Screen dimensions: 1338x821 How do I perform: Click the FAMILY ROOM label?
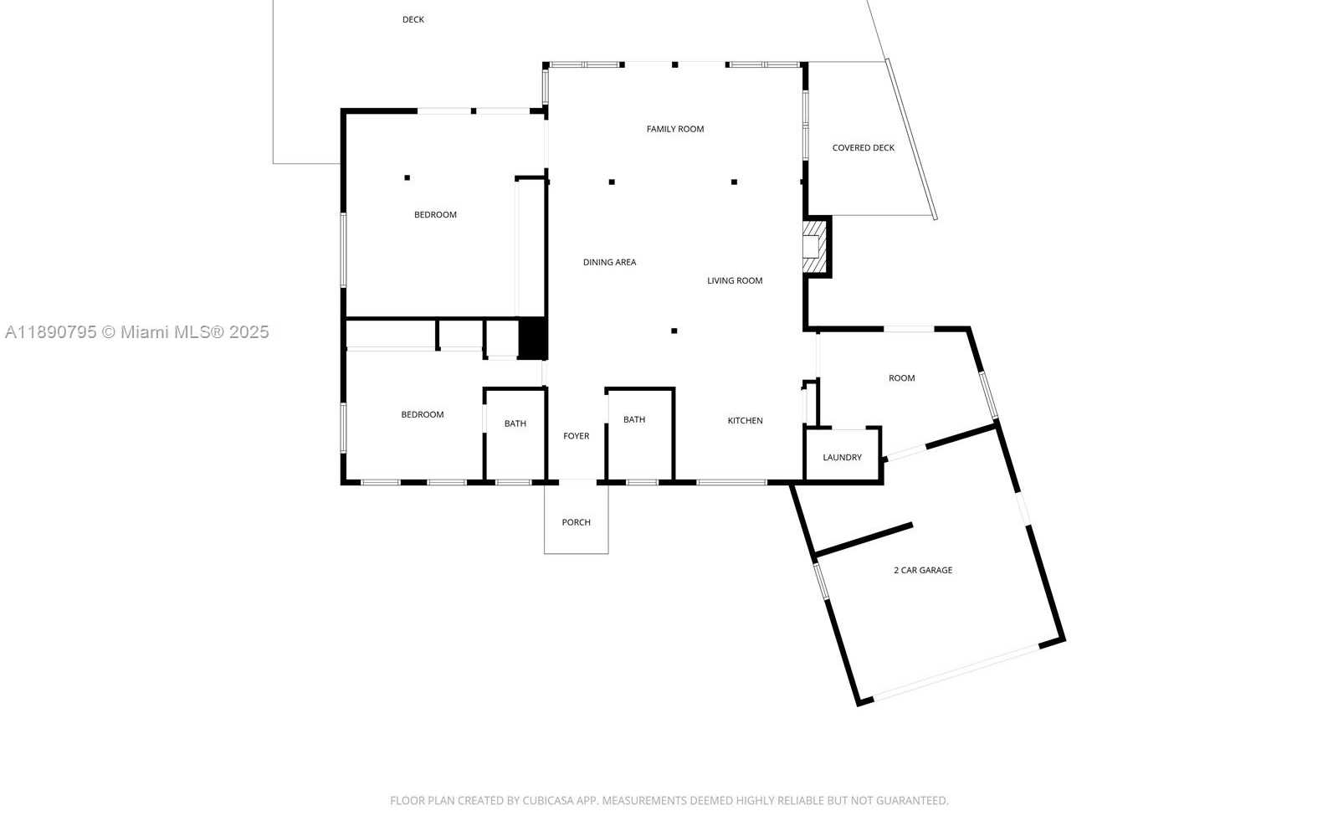click(x=675, y=129)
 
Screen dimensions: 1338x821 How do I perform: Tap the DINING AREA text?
click(x=609, y=262)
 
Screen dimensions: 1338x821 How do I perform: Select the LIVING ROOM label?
click(x=735, y=281)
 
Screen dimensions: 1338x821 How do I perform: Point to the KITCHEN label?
click(x=745, y=421)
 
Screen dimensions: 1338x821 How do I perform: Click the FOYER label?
click(x=576, y=436)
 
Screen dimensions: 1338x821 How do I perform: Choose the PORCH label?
click(x=576, y=522)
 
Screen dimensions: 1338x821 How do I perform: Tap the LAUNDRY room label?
click(x=843, y=458)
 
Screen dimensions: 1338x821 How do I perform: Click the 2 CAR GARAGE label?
click(x=923, y=571)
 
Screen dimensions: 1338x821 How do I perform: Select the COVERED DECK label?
click(x=863, y=148)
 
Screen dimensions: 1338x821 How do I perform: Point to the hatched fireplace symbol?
click(x=815, y=247)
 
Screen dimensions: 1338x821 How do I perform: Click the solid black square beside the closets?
click(x=532, y=338)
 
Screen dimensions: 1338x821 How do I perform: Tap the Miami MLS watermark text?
click(x=137, y=332)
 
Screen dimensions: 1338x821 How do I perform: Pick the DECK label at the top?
click(x=413, y=20)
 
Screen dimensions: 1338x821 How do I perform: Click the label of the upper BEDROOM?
click(x=435, y=215)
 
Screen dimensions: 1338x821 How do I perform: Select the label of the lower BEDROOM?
click(x=423, y=414)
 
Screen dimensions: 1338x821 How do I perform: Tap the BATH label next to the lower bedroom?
click(x=515, y=423)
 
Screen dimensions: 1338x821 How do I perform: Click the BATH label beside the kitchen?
click(x=634, y=420)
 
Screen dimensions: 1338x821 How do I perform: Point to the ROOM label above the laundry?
click(x=902, y=378)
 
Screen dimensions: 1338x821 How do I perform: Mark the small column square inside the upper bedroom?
click(x=408, y=178)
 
